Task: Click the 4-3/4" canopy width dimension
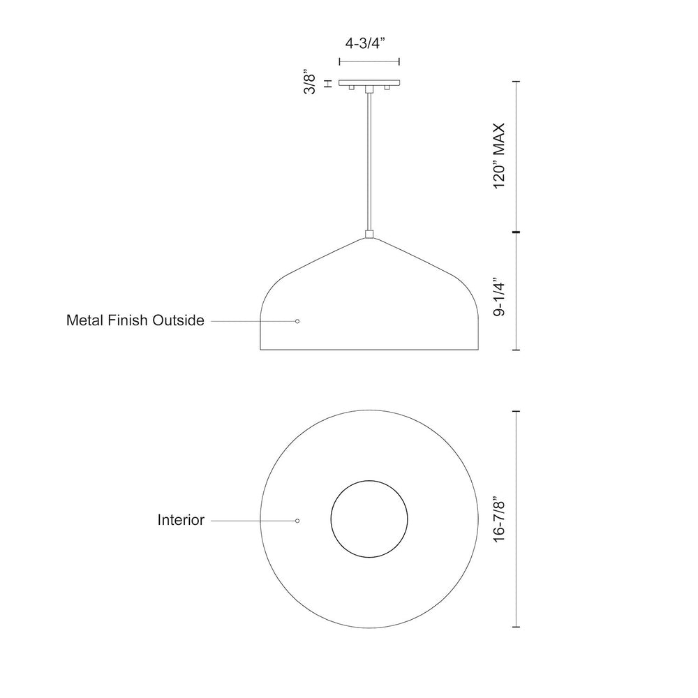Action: (x=364, y=43)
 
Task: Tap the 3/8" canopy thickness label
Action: (x=309, y=82)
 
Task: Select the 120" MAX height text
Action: (x=500, y=156)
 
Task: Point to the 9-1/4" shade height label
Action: (x=500, y=298)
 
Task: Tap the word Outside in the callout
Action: (x=178, y=320)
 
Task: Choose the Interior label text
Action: (x=181, y=519)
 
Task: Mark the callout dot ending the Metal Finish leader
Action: (x=297, y=321)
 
